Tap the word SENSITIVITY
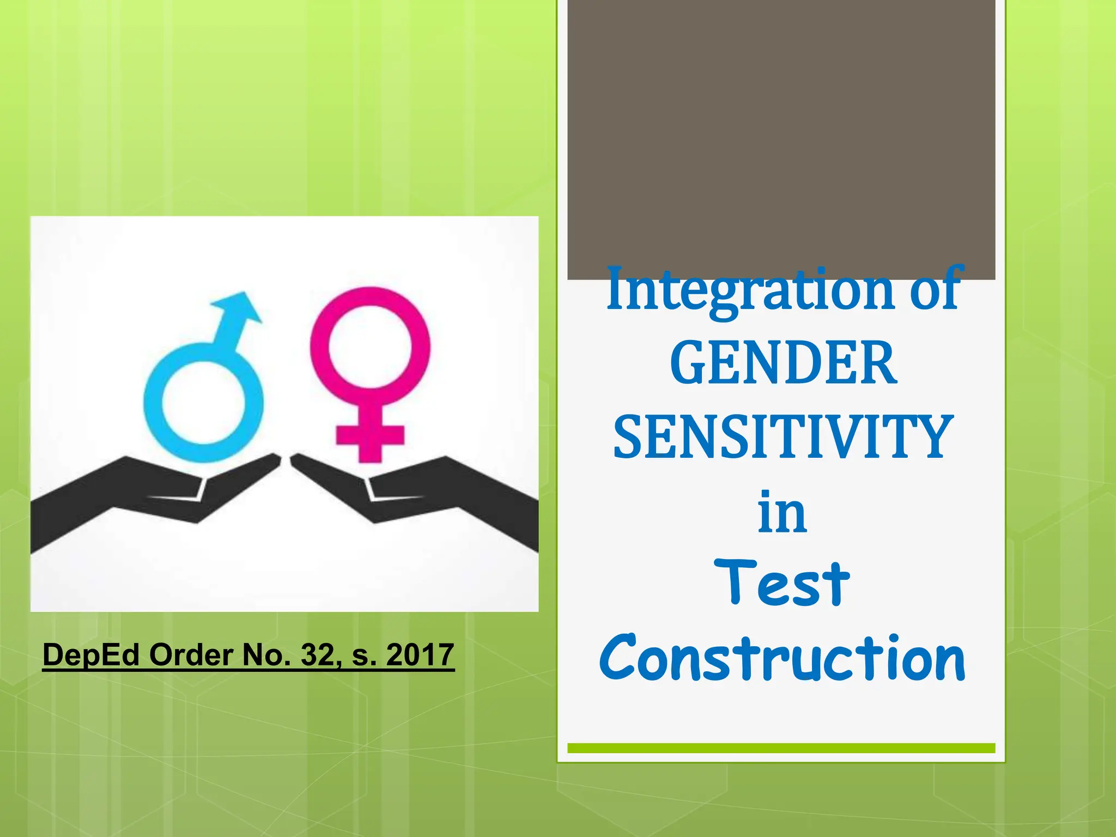783,438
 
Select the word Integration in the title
749,290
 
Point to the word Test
781,584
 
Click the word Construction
782,658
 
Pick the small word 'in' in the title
782,512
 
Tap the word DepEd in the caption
91,656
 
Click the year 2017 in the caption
420,654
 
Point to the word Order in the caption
191,654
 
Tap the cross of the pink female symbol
370,436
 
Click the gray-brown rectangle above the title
781,136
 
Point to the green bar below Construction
781,748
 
